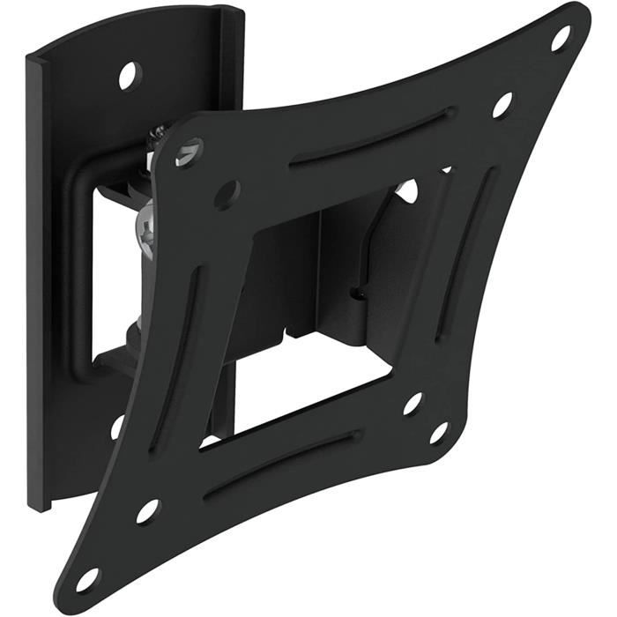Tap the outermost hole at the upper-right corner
pos(560,37)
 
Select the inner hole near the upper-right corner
pos(502,103)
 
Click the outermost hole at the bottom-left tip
pos(88,579)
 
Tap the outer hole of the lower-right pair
pos(438,432)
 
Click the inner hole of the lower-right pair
pos(413,403)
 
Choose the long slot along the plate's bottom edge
pos(282,467)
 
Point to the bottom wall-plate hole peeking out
pos(117,427)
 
